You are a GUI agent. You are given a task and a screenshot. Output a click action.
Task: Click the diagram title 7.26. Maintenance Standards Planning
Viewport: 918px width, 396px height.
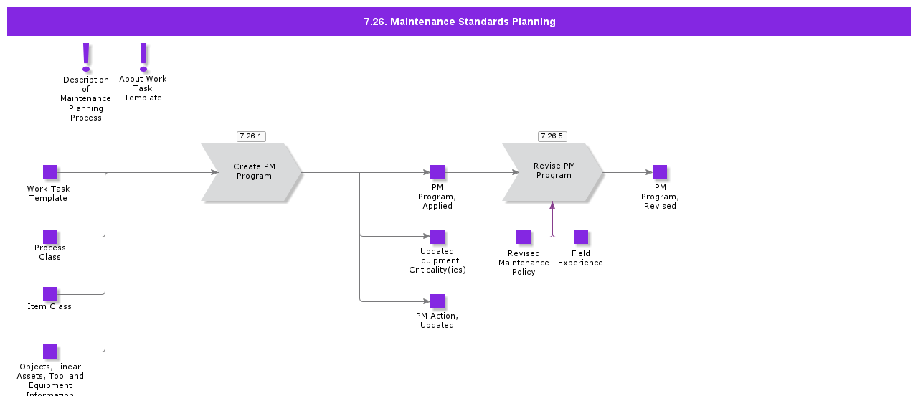(x=459, y=22)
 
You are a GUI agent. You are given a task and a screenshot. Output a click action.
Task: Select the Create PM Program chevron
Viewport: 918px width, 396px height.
(x=252, y=172)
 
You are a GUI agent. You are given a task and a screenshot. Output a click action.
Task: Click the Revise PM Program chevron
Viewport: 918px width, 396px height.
(x=553, y=171)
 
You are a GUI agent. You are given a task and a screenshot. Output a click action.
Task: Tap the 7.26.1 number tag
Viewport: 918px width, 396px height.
(x=251, y=136)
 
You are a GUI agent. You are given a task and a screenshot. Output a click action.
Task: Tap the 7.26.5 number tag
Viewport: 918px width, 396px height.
(x=552, y=136)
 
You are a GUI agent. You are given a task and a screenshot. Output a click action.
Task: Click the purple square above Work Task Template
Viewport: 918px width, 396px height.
(x=50, y=172)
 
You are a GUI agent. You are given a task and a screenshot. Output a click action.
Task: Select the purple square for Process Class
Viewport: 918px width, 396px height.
(x=50, y=237)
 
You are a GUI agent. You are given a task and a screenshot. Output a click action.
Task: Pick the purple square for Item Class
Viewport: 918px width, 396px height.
(x=50, y=294)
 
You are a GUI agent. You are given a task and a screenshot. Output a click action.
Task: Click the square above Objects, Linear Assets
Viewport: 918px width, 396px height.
(x=50, y=352)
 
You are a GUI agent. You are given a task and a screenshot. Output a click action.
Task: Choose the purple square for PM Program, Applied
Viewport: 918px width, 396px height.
(x=437, y=172)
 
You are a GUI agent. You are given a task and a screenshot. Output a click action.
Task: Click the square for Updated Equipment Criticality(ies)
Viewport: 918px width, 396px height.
(x=437, y=237)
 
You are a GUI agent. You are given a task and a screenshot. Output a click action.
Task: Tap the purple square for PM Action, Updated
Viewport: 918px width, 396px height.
(x=437, y=301)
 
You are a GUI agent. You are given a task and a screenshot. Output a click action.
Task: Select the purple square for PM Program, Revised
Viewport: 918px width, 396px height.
(x=660, y=172)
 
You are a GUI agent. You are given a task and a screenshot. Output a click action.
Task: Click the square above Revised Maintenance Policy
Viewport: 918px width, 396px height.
(x=524, y=237)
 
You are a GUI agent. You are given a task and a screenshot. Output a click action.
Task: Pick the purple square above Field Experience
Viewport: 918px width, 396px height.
(x=581, y=237)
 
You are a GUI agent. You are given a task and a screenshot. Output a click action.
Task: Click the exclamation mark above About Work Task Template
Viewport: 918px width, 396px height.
(x=143, y=57)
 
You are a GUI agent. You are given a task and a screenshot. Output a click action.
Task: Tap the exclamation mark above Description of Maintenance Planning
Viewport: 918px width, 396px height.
(x=86, y=57)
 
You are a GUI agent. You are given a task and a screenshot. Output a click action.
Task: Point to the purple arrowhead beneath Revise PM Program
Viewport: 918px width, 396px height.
(x=552, y=206)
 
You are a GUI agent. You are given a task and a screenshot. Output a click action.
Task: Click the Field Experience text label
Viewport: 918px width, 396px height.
(x=580, y=258)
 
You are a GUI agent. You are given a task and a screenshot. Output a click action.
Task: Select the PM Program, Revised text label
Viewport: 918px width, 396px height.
(x=660, y=197)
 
